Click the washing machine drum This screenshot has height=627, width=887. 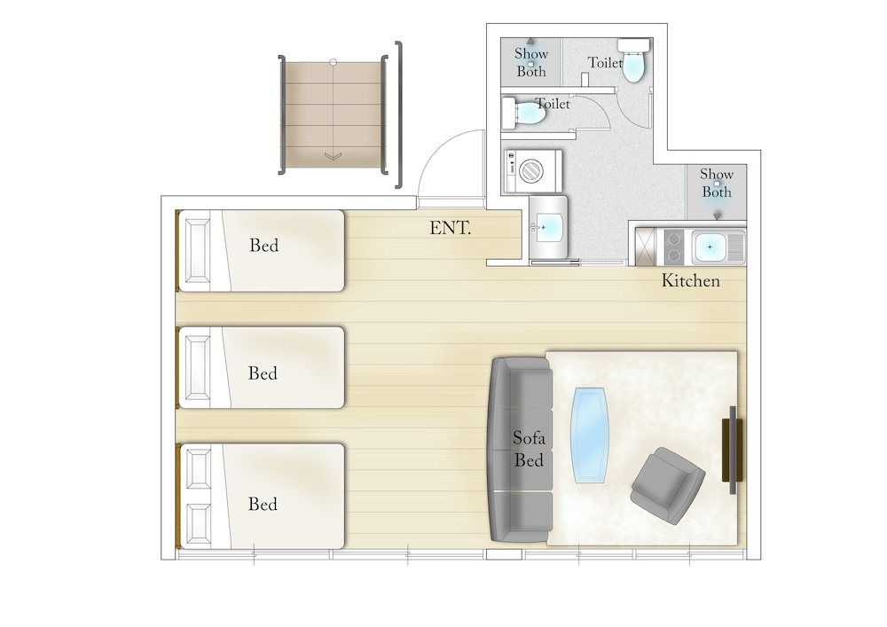point(531,169)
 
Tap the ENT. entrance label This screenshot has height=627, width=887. point(451,229)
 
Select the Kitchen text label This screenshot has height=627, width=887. point(691,280)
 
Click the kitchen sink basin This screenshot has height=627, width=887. point(710,247)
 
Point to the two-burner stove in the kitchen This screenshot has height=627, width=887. point(674,247)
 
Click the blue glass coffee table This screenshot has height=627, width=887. point(591,435)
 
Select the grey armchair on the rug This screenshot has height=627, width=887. point(668,486)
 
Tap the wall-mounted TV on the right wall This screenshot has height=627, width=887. point(733,450)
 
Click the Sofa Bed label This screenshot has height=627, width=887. point(529,449)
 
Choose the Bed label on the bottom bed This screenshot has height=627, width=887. point(263,504)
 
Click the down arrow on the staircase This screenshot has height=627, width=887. point(334,156)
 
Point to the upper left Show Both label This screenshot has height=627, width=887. point(531,62)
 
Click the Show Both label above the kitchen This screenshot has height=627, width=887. point(717,183)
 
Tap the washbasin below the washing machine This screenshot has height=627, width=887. point(547,227)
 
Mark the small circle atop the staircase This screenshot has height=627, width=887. point(334,62)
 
